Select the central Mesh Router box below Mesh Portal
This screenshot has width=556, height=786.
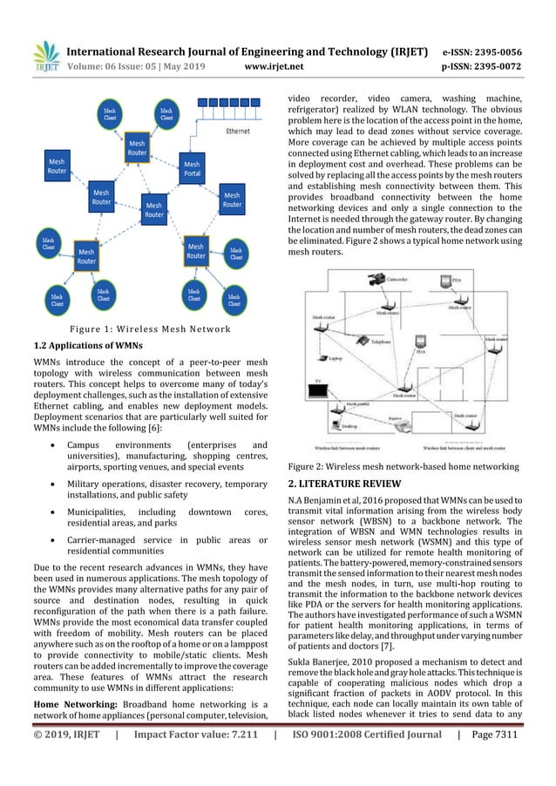point(154,209)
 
